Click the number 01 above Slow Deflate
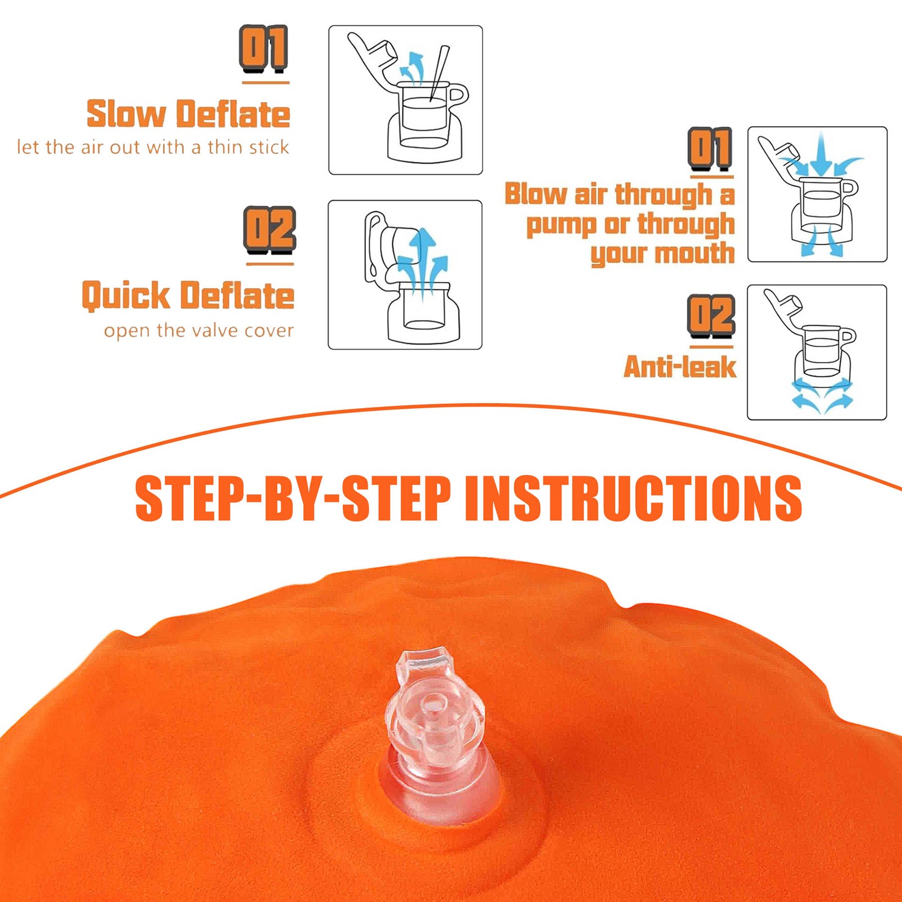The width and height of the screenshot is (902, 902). click(264, 49)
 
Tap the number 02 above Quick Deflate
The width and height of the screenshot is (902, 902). click(269, 230)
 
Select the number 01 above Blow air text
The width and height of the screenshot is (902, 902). click(710, 149)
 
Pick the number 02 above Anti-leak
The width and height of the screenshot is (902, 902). click(711, 316)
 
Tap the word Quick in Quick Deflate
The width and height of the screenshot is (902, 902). click(126, 296)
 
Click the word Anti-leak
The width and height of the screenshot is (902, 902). click(680, 367)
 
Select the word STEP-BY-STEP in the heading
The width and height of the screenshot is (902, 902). click(293, 498)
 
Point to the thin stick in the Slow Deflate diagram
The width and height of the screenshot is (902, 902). click(439, 73)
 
